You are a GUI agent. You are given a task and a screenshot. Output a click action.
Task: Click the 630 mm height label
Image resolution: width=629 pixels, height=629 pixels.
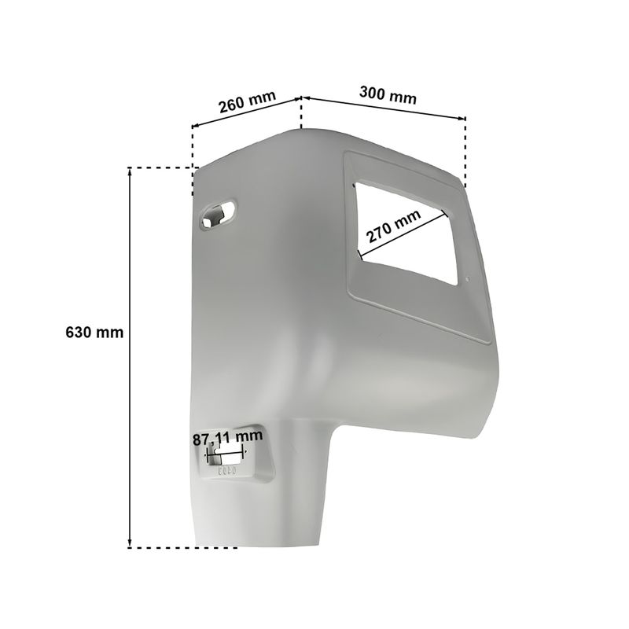click(94, 333)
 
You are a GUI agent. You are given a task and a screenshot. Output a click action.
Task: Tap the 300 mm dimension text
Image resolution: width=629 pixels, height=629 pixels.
click(388, 95)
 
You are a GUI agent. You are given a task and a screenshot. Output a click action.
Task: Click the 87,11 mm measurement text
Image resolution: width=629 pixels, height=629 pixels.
click(227, 437)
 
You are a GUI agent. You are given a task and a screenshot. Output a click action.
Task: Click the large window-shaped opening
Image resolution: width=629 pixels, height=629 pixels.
click(405, 233)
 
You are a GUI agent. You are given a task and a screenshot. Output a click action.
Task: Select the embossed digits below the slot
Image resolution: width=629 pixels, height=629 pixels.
click(227, 470)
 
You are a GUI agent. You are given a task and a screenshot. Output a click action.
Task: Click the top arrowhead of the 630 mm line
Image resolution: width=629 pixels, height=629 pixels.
click(130, 171)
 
